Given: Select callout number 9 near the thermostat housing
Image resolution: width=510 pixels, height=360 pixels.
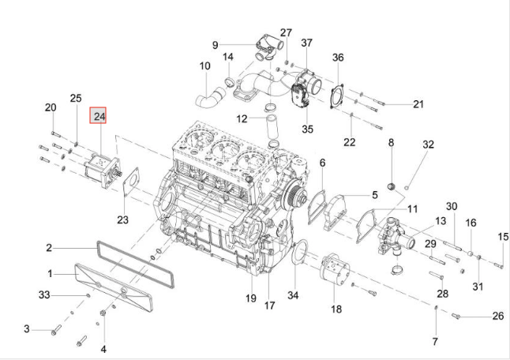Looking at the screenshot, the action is click(x=215, y=45).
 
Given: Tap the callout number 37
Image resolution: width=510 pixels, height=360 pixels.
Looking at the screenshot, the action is click(x=306, y=43).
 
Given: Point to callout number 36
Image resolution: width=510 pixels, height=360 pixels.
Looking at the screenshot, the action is click(x=338, y=57).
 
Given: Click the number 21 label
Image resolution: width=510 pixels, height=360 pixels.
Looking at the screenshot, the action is click(x=418, y=104).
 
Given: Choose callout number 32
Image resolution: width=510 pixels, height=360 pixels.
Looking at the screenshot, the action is click(x=429, y=144).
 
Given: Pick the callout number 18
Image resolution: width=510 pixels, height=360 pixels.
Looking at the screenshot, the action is click(x=336, y=309).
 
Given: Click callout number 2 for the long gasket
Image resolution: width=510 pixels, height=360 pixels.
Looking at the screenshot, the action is click(x=49, y=248).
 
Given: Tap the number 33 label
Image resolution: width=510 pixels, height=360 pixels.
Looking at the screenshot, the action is click(x=44, y=294).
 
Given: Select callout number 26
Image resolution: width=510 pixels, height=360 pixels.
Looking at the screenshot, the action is click(x=498, y=316).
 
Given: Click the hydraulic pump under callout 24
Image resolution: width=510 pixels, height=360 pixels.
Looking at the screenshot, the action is click(x=103, y=171).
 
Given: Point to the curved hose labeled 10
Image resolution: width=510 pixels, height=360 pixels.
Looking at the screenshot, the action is click(x=212, y=97).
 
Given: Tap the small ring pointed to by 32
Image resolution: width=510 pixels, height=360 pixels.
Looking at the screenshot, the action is click(x=407, y=187).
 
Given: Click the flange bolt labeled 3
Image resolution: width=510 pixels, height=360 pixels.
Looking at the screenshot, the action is click(x=56, y=329).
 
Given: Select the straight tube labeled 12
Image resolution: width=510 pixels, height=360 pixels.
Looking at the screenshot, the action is click(x=272, y=127).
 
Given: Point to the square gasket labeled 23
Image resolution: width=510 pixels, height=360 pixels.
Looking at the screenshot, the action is click(x=131, y=182).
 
